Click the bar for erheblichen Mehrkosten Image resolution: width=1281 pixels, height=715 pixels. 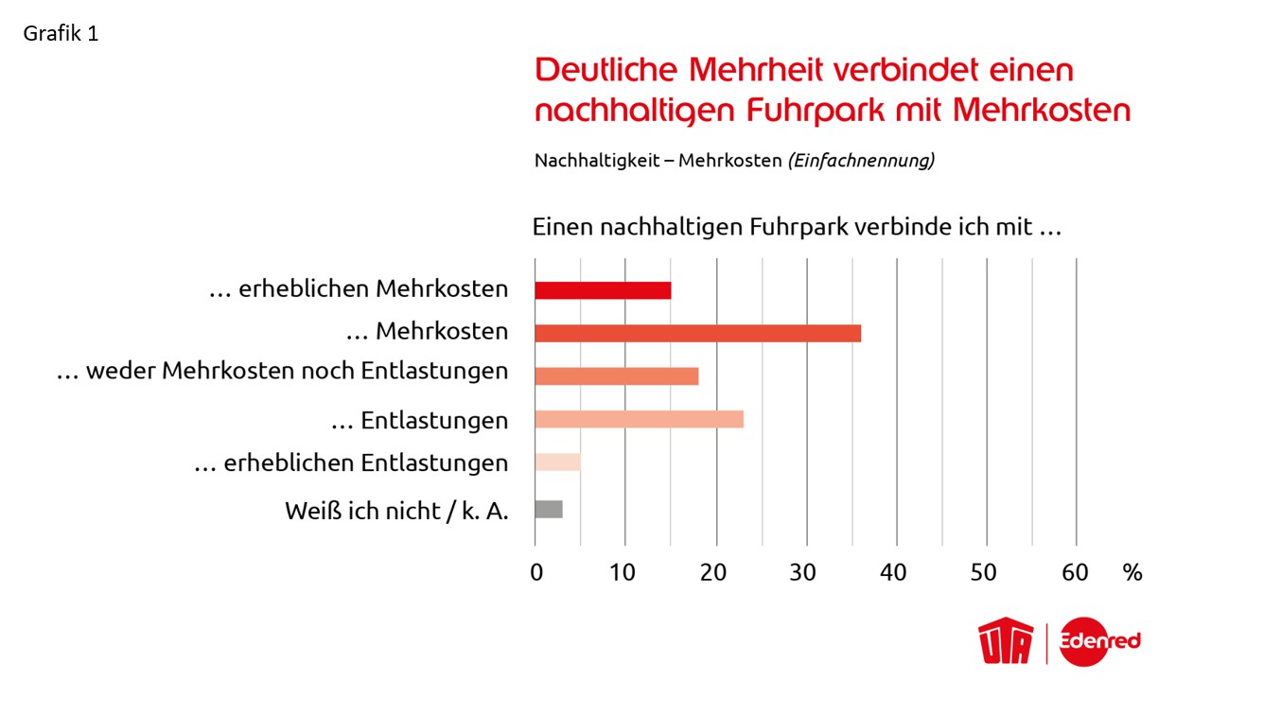click(x=603, y=290)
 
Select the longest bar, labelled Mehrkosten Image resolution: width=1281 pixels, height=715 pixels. click(x=697, y=333)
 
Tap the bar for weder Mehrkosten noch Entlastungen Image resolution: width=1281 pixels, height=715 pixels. click(x=616, y=375)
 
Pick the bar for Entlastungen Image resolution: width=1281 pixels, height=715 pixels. click(x=639, y=419)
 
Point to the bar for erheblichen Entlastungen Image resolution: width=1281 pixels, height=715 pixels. click(x=557, y=462)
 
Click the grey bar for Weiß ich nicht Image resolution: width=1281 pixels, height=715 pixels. click(x=549, y=509)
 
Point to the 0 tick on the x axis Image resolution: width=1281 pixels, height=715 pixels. click(x=536, y=572)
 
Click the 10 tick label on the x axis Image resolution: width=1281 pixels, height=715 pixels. click(x=624, y=572)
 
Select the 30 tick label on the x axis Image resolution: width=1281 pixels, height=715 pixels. click(x=804, y=572)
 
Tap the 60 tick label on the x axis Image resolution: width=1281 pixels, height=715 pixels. click(x=1075, y=572)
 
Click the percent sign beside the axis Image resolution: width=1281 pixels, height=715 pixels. click(x=1132, y=572)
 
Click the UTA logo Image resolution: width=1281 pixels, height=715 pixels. click(x=1007, y=642)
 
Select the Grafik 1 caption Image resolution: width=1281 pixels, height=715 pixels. click(x=61, y=34)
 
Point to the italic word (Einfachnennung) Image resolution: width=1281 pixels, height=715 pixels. click(x=861, y=161)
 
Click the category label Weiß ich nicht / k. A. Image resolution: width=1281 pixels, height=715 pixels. click(x=396, y=512)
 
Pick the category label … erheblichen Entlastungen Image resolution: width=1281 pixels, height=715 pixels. click(x=351, y=463)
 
